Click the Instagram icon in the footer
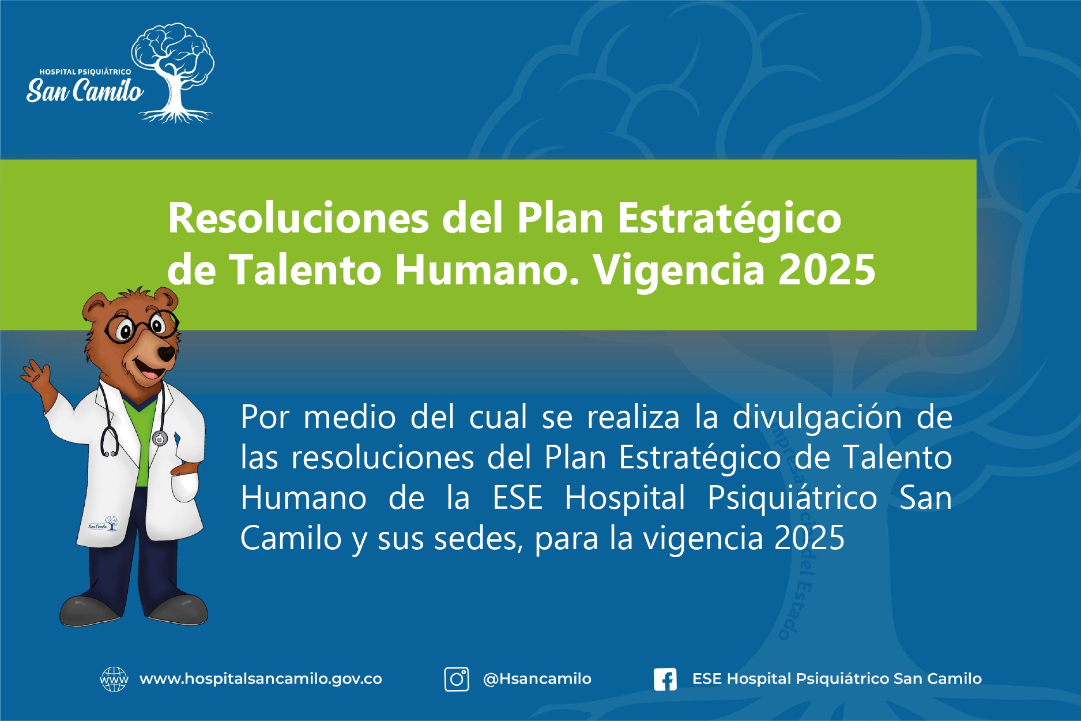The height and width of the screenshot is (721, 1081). point(456,679)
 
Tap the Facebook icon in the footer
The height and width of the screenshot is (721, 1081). point(665,679)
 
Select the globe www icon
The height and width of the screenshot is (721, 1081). point(114,679)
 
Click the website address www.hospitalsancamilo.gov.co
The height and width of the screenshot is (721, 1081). point(261,679)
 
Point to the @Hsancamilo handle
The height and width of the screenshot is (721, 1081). point(537,679)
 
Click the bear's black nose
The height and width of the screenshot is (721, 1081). point(167,352)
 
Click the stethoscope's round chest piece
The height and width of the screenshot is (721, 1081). point(160,438)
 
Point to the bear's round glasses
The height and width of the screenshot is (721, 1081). point(141,326)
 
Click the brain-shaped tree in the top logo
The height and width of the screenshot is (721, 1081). point(173,72)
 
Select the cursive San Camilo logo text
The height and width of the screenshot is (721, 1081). point(85,91)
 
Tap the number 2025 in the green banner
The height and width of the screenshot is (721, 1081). point(827,269)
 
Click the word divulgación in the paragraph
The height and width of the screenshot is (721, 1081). point(817,418)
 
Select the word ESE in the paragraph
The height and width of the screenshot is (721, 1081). point(518,498)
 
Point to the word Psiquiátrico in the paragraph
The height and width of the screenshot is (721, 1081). point(792,498)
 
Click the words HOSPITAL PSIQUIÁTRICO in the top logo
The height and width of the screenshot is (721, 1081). point(85,72)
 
